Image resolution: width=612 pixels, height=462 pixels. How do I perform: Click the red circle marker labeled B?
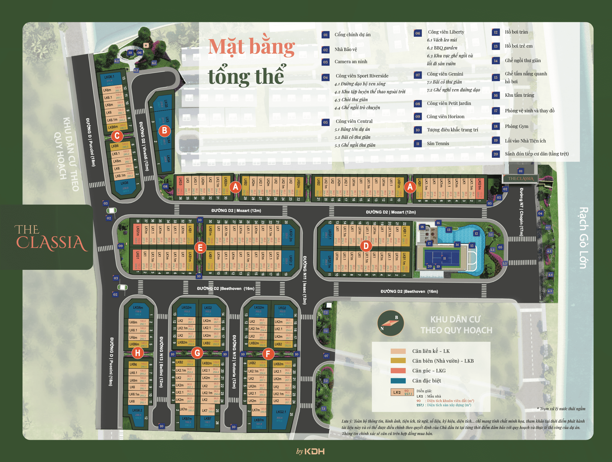164,130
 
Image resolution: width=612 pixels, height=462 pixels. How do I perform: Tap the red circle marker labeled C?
117,136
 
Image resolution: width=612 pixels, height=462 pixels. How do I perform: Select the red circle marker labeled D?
366,246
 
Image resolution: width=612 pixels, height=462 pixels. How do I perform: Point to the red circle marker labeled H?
137,353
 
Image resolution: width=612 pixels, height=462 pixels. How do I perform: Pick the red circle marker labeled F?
268,353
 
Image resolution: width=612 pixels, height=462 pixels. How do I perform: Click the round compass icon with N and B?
390,323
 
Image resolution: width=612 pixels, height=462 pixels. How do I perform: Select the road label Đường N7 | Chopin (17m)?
521,212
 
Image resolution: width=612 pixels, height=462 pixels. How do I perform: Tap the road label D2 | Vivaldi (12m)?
144,146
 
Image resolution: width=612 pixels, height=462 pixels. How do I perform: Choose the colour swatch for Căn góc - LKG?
398,371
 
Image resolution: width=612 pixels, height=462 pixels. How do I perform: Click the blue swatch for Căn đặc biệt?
398,381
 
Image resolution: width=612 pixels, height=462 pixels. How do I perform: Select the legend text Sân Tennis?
438,144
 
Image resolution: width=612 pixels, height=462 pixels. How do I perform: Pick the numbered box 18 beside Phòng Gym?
496,126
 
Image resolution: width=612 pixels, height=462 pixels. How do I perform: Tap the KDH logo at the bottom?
314,451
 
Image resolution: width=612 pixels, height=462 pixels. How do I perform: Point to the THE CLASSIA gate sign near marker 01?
520,178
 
